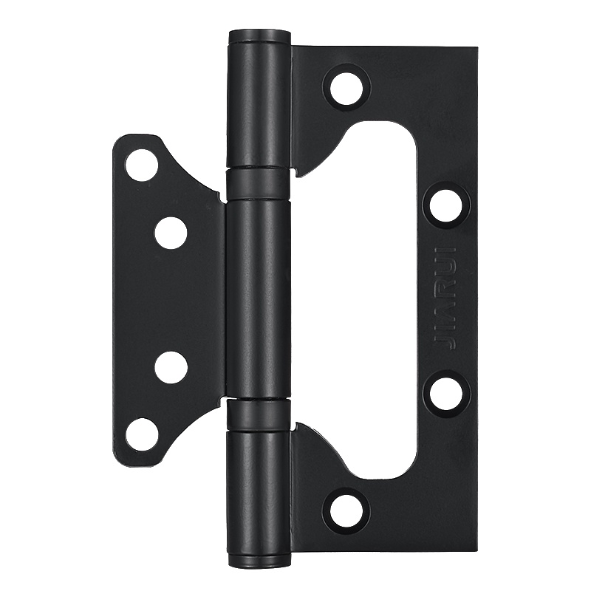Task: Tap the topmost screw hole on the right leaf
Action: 346,88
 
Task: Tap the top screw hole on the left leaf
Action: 141,165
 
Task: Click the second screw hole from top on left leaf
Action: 171,233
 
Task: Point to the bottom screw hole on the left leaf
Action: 141,434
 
